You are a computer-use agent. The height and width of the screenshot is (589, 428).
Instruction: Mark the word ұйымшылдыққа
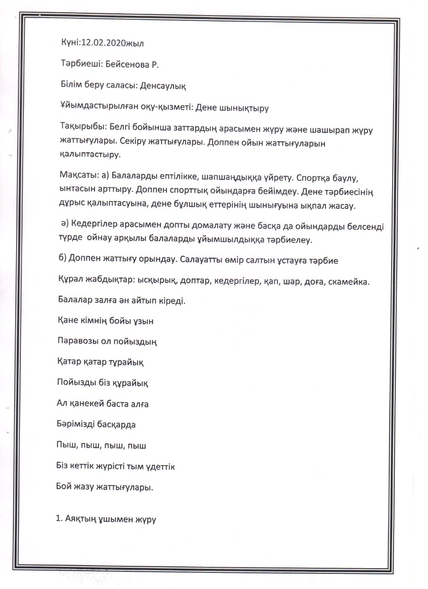pos(242,239)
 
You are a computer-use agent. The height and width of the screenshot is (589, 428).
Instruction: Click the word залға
pos(100,301)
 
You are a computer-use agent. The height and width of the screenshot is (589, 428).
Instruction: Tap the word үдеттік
pos(159,466)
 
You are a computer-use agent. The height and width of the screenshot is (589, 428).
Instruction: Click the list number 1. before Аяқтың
pos(59,520)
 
